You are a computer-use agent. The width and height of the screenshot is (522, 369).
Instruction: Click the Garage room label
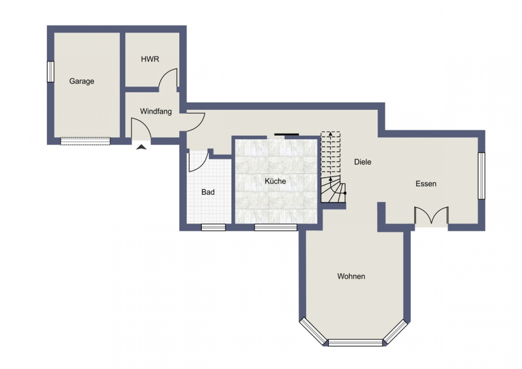(x=82, y=81)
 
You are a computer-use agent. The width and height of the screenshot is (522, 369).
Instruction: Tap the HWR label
(x=150, y=59)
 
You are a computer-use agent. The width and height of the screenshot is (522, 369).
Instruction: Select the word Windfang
(x=156, y=111)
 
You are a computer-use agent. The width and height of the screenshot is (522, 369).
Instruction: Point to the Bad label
(x=208, y=192)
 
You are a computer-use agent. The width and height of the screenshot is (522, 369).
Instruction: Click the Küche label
(x=275, y=181)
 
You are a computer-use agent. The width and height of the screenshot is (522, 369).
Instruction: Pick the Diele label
(x=362, y=162)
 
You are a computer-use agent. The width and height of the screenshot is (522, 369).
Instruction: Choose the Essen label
(x=426, y=184)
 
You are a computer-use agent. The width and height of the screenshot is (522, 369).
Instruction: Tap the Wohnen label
(x=351, y=276)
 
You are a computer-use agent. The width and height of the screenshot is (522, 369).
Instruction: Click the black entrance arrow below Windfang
(x=142, y=147)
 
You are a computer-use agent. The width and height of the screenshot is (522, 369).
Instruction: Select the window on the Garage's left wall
(x=50, y=71)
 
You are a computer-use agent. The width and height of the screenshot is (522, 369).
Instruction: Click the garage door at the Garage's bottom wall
(x=85, y=141)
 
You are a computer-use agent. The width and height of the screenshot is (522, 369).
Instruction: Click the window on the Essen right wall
(x=481, y=176)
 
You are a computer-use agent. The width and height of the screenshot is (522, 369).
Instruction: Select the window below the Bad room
(x=213, y=227)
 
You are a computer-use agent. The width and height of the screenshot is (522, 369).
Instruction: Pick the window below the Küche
(x=275, y=227)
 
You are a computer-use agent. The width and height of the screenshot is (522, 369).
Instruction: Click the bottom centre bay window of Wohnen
(x=356, y=342)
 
